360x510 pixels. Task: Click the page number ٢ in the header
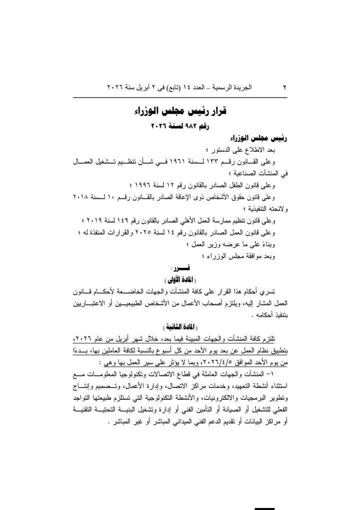(284, 87)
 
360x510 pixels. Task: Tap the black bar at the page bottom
(264, 508)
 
